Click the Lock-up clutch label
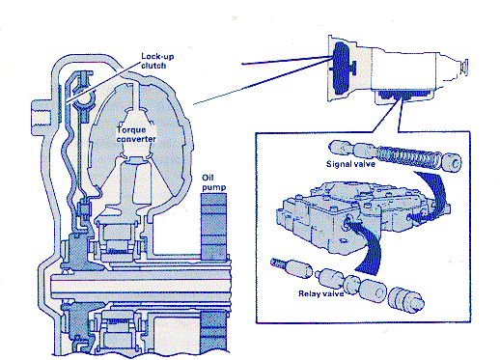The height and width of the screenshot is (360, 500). coord(157,61)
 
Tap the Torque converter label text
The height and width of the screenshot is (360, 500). coord(136,134)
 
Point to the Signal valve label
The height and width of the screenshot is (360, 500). coord(350,164)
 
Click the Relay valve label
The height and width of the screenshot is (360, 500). coord(320,293)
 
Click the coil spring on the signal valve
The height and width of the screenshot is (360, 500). coord(407,156)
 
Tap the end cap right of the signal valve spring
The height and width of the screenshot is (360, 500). coord(452,162)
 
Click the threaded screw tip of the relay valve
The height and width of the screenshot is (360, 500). coord(276,263)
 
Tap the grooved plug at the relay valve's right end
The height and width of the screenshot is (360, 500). coord(406,300)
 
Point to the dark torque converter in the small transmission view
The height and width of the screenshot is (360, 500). coord(341,69)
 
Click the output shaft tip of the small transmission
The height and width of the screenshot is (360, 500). coord(464,68)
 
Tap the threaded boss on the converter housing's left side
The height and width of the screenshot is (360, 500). coord(42,118)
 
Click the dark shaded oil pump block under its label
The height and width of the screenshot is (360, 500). coord(213,227)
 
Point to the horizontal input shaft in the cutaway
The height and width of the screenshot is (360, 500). coord(142,283)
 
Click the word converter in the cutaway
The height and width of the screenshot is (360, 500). coord(136,139)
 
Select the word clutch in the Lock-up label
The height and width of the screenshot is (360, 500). coord(153,66)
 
